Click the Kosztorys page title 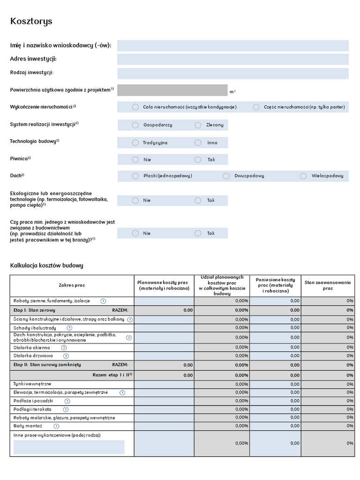31,22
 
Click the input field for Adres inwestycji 232,59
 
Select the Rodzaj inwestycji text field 232,73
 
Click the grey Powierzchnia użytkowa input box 172,90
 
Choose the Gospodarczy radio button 135,125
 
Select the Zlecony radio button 198,125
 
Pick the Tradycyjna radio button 135,142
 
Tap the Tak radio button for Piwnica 198,160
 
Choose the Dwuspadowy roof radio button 226,176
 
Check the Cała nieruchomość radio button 135,107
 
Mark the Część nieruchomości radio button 256,107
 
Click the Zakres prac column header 72,285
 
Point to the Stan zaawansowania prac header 328,285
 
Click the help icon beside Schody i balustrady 69,328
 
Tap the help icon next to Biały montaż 56,426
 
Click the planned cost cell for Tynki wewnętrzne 164,384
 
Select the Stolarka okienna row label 32,347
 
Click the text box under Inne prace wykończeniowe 69,447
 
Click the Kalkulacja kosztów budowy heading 46,266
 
